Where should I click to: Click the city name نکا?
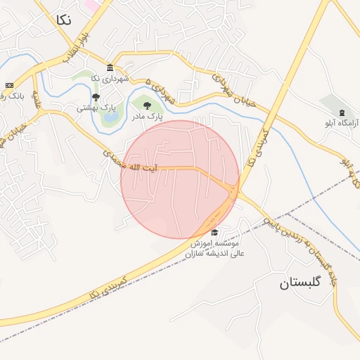tap(62, 20)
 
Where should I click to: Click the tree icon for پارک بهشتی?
tap(96, 97)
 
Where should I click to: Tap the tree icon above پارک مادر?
tap(147, 105)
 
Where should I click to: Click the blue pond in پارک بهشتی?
tap(110, 118)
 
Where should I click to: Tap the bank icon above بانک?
tap(9, 84)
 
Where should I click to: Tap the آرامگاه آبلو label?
tap(342, 123)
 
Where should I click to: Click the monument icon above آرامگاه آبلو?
tap(342, 113)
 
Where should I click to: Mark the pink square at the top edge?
tap(92, 5)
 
